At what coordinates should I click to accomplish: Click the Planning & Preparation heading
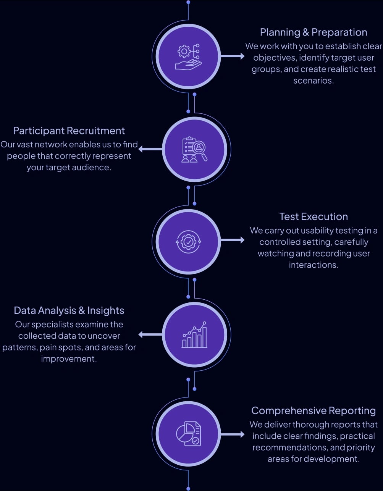[x=313, y=32]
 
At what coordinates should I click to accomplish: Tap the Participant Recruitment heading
[x=69, y=131]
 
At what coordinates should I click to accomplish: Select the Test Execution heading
[x=313, y=217]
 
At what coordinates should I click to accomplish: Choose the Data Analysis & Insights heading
[x=69, y=311]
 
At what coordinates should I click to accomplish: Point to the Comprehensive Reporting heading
[x=313, y=411]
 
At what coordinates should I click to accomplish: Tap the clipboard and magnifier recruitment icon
[x=194, y=149]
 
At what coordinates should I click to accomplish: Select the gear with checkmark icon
[x=188, y=241]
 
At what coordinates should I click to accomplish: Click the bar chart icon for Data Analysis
[x=194, y=335]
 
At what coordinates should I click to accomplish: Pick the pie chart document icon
[x=188, y=434]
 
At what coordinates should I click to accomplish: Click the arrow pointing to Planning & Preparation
[x=233, y=57]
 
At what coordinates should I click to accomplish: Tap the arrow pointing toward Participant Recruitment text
[x=150, y=149]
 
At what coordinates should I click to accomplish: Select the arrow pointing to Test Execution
[x=233, y=240]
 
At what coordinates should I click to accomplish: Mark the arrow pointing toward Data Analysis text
[x=150, y=335]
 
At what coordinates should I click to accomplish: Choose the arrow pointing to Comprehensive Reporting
[x=233, y=434]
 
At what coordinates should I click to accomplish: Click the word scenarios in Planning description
[x=313, y=81]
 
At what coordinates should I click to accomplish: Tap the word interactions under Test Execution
[x=313, y=265]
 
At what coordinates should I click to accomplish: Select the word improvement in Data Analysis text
[x=69, y=359]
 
